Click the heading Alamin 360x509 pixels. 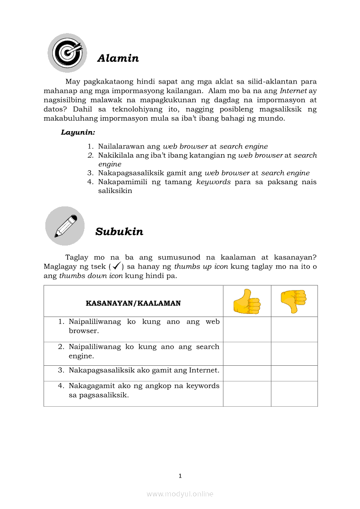click(118, 58)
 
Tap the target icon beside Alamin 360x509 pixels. click(67, 53)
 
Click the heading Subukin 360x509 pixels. click(119, 232)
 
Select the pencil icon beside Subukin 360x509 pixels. click(65, 226)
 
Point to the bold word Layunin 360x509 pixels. click(78, 132)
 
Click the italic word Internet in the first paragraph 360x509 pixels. click(293, 91)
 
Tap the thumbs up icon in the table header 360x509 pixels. click(247, 301)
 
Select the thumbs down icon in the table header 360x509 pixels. click(294, 301)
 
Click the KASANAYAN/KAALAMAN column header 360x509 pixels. click(133, 303)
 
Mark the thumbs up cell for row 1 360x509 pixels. click(247, 329)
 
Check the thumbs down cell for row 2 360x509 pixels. click(294, 354)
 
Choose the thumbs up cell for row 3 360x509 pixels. click(247, 373)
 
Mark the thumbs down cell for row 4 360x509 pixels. click(294, 394)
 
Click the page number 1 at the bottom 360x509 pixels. click(180, 476)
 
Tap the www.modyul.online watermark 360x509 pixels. click(180, 494)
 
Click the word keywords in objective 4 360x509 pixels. click(213, 182)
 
